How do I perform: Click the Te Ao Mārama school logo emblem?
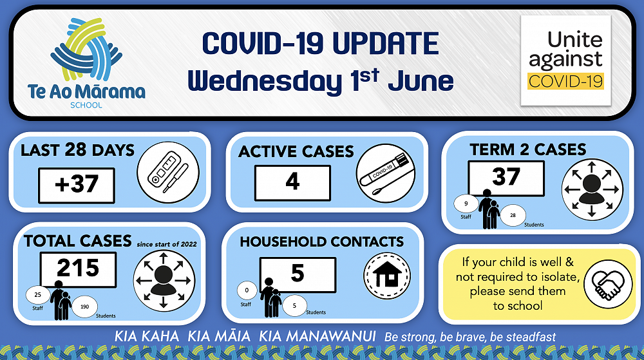(x=86, y=49)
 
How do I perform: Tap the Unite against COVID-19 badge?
(x=565, y=61)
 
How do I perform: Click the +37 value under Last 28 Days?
(x=77, y=185)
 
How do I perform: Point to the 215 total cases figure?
(x=78, y=269)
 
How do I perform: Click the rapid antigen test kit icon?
(x=168, y=173)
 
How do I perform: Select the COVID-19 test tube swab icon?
(x=386, y=173)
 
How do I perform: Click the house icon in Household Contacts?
(x=387, y=276)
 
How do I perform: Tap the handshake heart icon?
(x=608, y=284)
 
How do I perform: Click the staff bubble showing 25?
(x=38, y=295)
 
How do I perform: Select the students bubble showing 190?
(x=84, y=307)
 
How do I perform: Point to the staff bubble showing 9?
(x=466, y=204)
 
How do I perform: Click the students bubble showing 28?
(x=513, y=215)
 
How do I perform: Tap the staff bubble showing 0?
(x=247, y=290)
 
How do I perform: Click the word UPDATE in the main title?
(x=385, y=44)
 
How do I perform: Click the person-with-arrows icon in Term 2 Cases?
(x=592, y=189)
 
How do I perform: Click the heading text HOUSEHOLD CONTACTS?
(x=321, y=242)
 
